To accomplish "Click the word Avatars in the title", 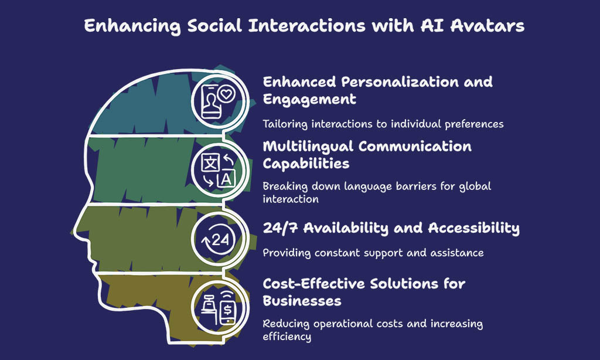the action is coord(487,26).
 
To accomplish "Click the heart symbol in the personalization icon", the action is coord(226,93).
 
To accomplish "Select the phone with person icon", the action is coord(210,102).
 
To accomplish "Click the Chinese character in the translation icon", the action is coord(210,163).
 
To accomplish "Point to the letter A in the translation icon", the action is coord(226,179).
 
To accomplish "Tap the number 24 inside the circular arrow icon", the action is coord(220,240).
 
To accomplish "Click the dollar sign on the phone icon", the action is coord(228,308).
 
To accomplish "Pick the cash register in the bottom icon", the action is coord(209,304).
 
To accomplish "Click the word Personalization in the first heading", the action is coord(400,82).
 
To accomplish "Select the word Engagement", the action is coord(309,100).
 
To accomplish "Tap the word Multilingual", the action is coord(308,147).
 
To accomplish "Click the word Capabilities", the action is coord(306,164).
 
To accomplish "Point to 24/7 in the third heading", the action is coord(281,228).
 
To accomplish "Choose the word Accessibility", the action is coord(473,228).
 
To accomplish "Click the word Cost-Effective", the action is coord(314,284).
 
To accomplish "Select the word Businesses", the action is coord(302,301).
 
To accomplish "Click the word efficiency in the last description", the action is coord(287,337).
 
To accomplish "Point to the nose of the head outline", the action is coord(76,232).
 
